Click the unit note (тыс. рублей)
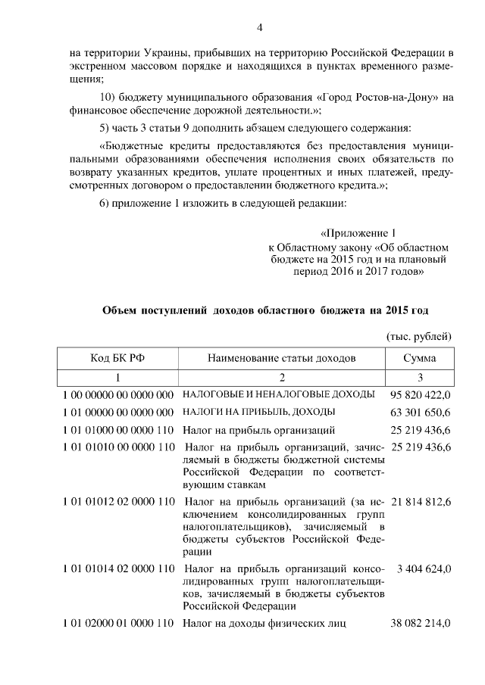pos(419,335)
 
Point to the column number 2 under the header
pos(281,377)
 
